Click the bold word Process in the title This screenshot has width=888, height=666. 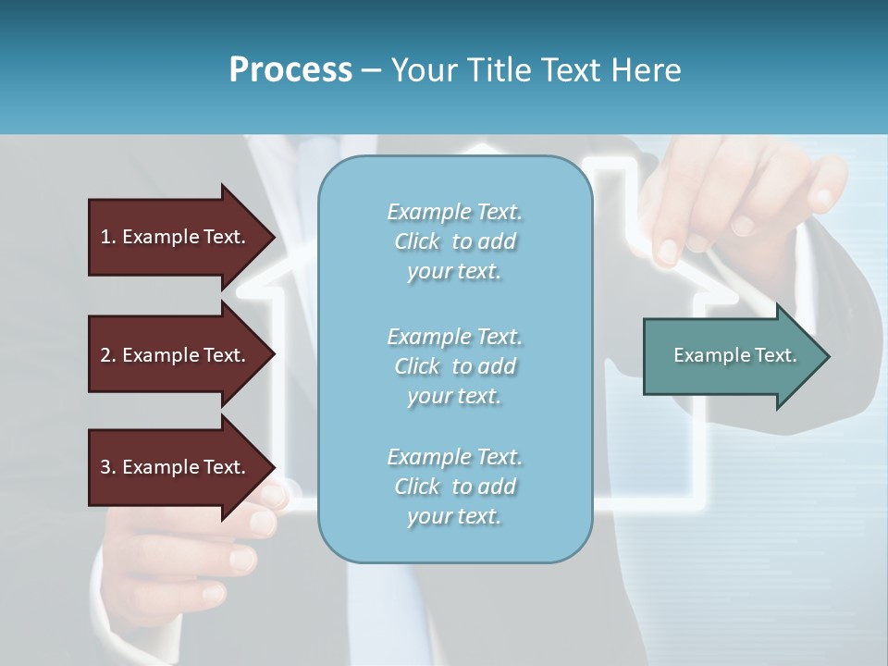pos(290,70)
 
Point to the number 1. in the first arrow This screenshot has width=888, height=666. pos(108,237)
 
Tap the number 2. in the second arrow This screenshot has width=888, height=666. pos(108,355)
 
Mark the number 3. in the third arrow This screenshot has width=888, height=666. pos(108,467)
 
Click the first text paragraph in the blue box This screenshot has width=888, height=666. pos(454,241)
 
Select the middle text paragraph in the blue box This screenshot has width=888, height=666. pos(454,366)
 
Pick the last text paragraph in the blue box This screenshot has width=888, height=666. pos(454,487)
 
